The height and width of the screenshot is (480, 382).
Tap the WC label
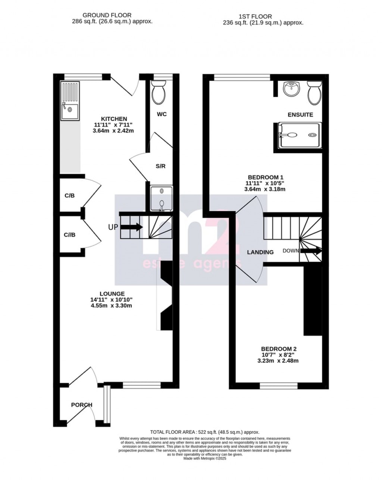pos(162,114)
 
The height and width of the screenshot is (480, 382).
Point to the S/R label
pos(160,166)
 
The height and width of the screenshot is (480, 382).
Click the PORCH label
pos(82,405)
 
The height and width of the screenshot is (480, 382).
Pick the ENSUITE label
pos(300,114)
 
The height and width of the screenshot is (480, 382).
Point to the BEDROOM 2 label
pos(279,349)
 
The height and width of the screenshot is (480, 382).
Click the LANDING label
pos(260,252)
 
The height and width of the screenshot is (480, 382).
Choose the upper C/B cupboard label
pos(70,195)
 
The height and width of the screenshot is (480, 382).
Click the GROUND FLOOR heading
pos(107,15)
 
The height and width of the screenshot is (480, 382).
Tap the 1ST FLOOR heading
pos(255,16)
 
